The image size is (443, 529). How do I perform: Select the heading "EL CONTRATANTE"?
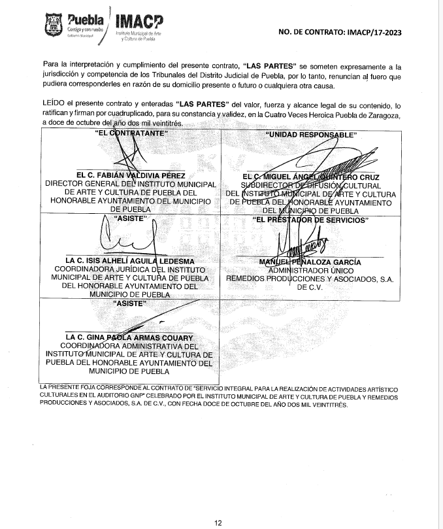[127, 133]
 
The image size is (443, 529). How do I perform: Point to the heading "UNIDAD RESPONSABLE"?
[310, 134]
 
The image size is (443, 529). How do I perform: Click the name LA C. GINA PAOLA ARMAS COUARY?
[127, 337]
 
